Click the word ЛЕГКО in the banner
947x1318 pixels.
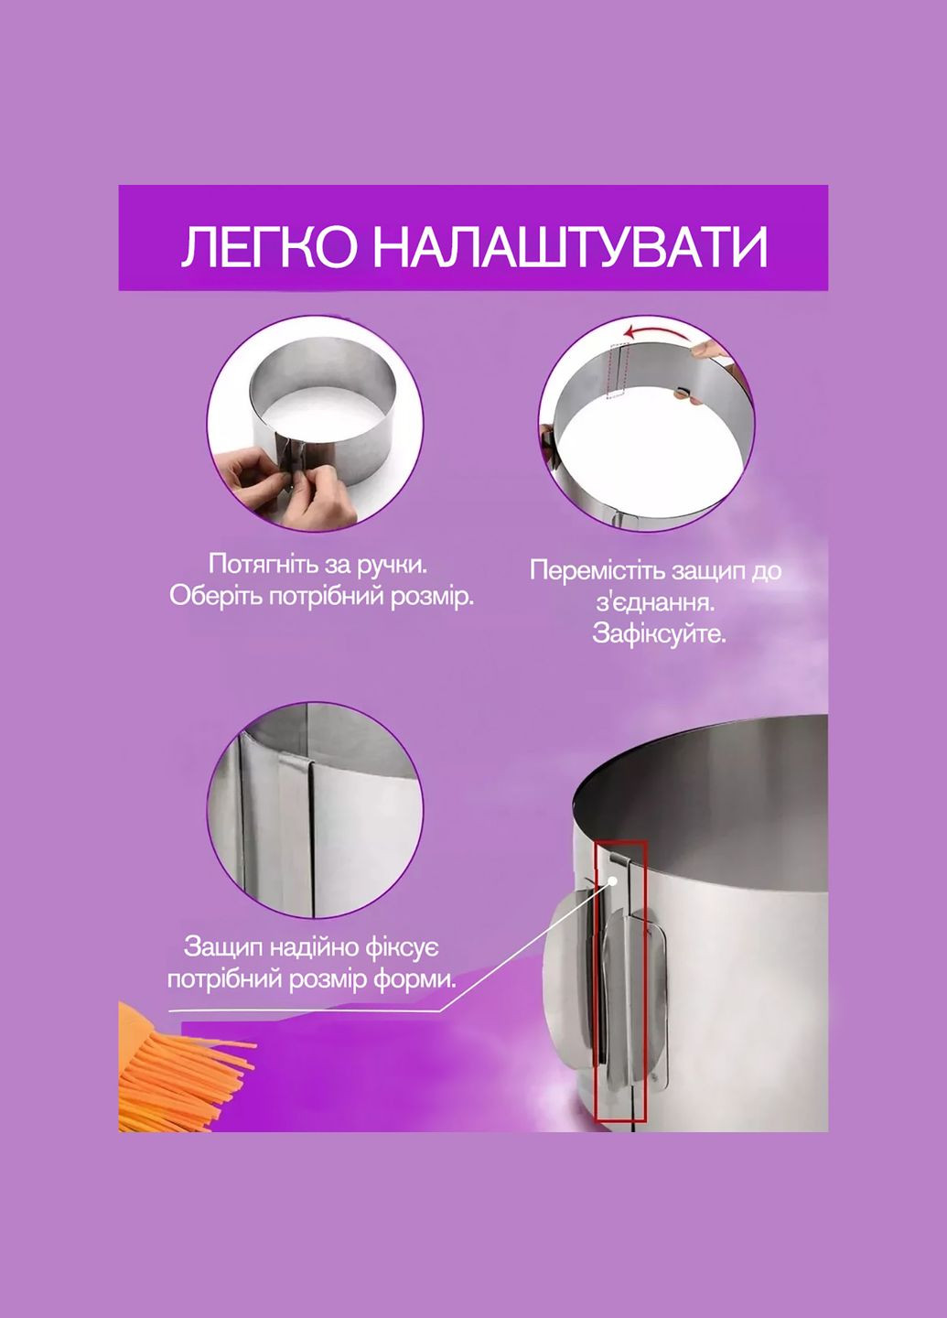(269, 246)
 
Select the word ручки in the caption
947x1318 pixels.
(396, 565)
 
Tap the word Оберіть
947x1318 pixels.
(216, 596)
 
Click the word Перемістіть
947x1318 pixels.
(597, 571)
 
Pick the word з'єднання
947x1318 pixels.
(655, 604)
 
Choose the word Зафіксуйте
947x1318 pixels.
(658, 634)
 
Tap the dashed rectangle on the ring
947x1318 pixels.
(619, 372)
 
